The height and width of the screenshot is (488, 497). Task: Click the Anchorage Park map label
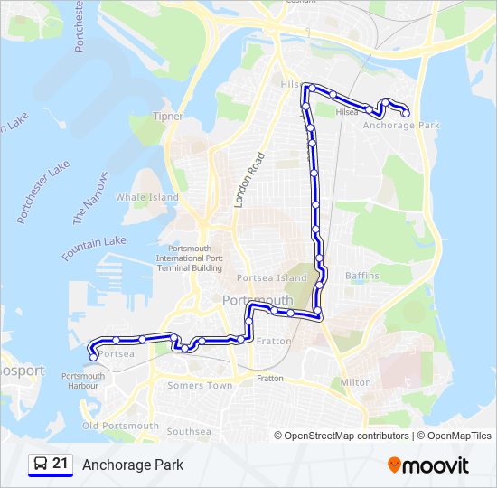coord(400,126)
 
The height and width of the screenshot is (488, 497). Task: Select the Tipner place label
coord(168,117)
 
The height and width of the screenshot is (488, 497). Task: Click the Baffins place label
coord(362,275)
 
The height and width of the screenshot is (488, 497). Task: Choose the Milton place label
coord(355,382)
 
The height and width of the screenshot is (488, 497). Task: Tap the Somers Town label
coord(200,385)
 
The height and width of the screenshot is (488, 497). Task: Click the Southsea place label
coord(189,431)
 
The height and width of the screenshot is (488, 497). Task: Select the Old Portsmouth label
coord(120,426)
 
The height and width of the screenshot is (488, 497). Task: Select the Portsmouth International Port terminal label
coord(189,258)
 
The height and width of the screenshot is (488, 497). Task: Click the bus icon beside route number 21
coord(40,465)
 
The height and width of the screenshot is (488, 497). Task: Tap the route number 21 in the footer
coord(61,465)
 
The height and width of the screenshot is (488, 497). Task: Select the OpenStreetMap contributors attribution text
coord(347,436)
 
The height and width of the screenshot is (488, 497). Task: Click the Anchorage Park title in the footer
coord(133,465)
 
